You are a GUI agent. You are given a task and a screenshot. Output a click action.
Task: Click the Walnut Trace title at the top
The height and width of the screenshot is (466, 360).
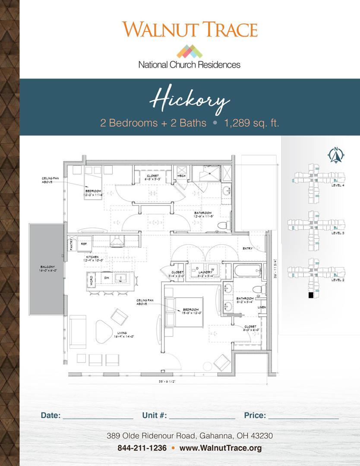pos(189,29)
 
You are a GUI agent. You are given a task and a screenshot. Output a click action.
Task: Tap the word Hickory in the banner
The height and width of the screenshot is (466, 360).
pos(189,101)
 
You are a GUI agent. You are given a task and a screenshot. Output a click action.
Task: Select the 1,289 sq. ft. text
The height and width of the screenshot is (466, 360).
pos(251,123)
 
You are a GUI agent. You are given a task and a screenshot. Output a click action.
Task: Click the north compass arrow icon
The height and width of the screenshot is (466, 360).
pos(335,155)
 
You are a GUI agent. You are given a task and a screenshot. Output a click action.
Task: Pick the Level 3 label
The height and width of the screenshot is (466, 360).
pos(338,233)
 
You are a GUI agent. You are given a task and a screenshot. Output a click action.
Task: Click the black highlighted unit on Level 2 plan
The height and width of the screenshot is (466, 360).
pos(310,296)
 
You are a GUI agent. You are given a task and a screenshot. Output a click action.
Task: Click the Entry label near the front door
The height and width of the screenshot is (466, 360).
pos(248,249)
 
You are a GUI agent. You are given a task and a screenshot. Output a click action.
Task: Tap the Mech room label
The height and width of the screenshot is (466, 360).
pos(182,176)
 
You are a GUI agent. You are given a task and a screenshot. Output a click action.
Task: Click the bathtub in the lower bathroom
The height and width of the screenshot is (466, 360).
pos(248,272)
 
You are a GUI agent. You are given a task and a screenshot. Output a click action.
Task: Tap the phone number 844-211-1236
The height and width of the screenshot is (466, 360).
pos(142,448)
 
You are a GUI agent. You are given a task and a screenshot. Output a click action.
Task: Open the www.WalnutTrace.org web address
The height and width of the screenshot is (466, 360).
pos(221,448)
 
